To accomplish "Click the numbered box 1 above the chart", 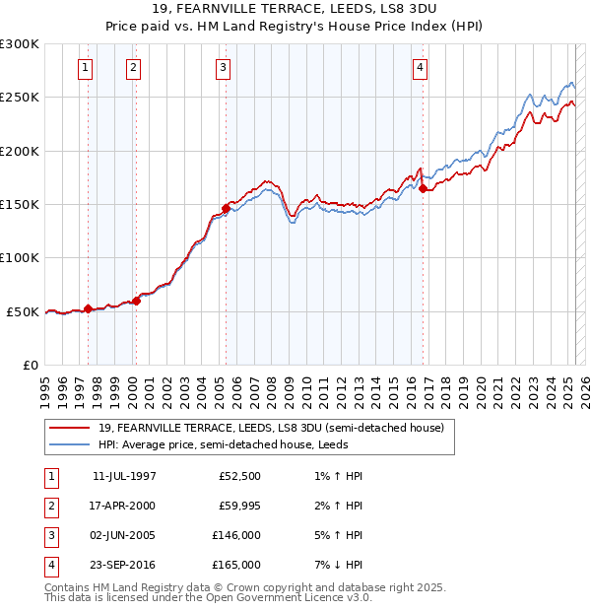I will tap(86, 68).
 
